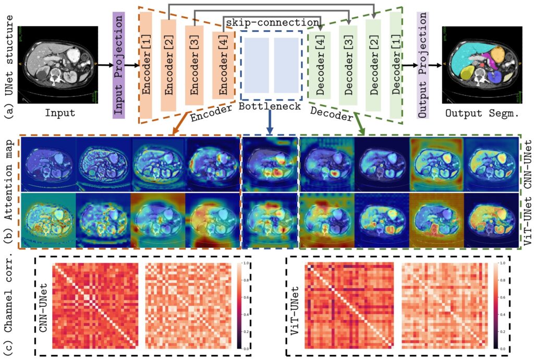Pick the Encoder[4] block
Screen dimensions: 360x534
222,65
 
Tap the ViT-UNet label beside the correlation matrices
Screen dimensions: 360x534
295,303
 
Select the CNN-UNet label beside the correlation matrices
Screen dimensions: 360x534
43,303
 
